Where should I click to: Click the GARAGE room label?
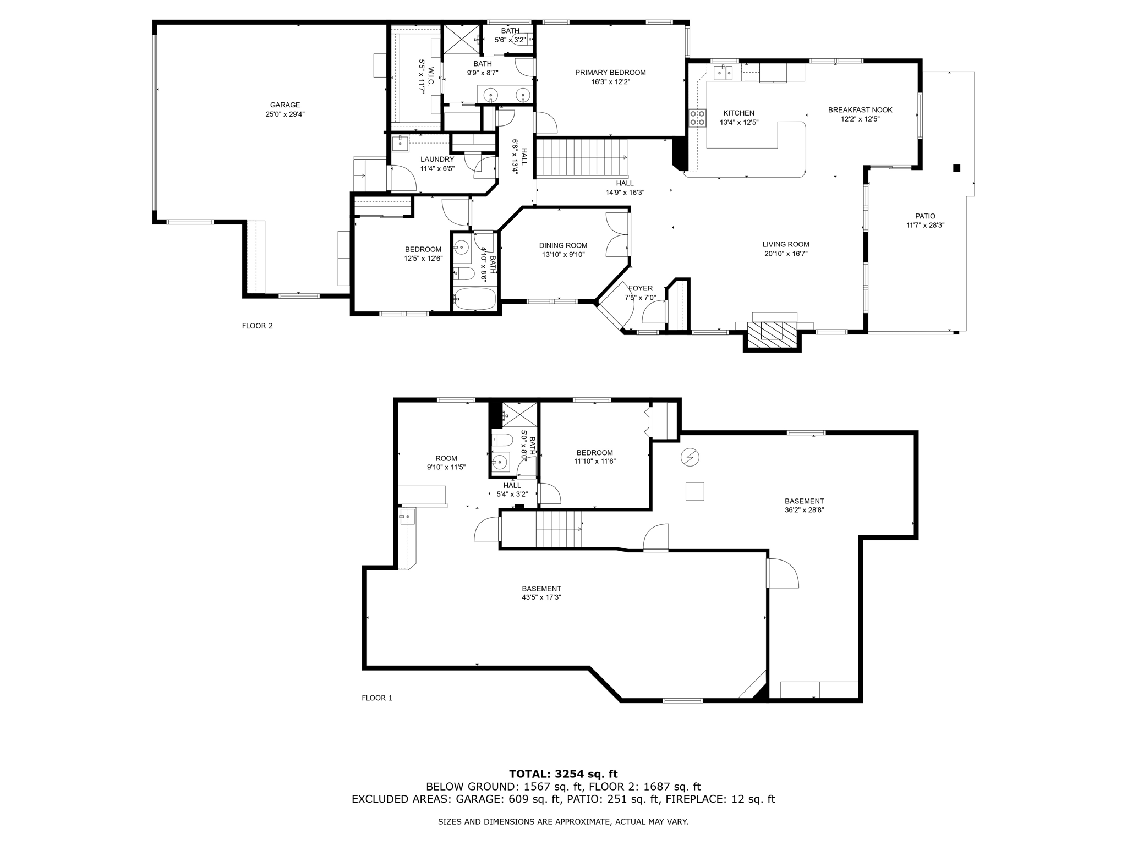pyautogui.click(x=285, y=105)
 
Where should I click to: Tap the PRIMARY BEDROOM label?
pyautogui.click(x=610, y=73)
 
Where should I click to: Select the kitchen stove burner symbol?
pyautogui.click(x=697, y=118)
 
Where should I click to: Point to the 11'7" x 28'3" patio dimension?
pyautogui.click(x=925, y=225)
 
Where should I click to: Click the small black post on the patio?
pyautogui.click(x=956, y=168)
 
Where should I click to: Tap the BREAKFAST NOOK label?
pyautogui.click(x=860, y=110)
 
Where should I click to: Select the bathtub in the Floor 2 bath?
pyautogui.click(x=474, y=299)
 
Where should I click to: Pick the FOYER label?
pyautogui.click(x=640, y=288)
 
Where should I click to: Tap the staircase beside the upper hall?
pyautogui.click(x=582, y=157)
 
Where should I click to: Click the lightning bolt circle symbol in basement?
pyautogui.click(x=690, y=457)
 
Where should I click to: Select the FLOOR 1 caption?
pyautogui.click(x=377, y=698)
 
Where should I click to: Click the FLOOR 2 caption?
pyautogui.click(x=258, y=326)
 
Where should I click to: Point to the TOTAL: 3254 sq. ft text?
pyautogui.click(x=563, y=774)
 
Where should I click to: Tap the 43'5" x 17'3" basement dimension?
pyautogui.click(x=541, y=597)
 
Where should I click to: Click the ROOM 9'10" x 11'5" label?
pyautogui.click(x=446, y=463)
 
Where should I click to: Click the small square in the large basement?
pyautogui.click(x=694, y=491)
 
